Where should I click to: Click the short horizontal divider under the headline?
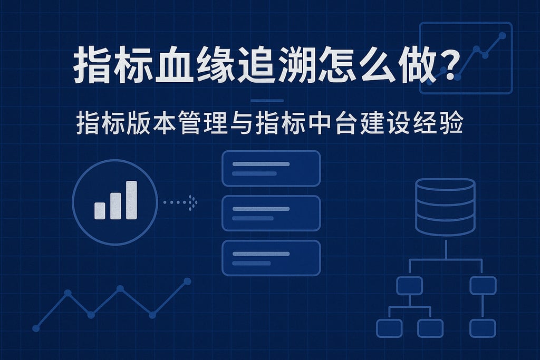(267, 101)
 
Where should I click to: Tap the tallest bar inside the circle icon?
(131, 200)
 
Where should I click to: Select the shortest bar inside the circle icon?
(100, 210)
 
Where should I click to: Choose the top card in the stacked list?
(271, 168)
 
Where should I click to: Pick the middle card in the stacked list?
(271, 213)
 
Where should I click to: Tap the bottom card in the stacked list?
(271, 258)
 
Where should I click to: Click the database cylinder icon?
(445, 207)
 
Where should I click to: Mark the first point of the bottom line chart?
(36, 328)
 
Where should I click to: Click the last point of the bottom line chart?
(187, 281)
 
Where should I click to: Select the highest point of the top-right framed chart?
(502, 35)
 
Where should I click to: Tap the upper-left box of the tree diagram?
(409, 285)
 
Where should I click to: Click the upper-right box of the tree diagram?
(483, 285)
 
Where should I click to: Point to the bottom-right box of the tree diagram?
(483, 328)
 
